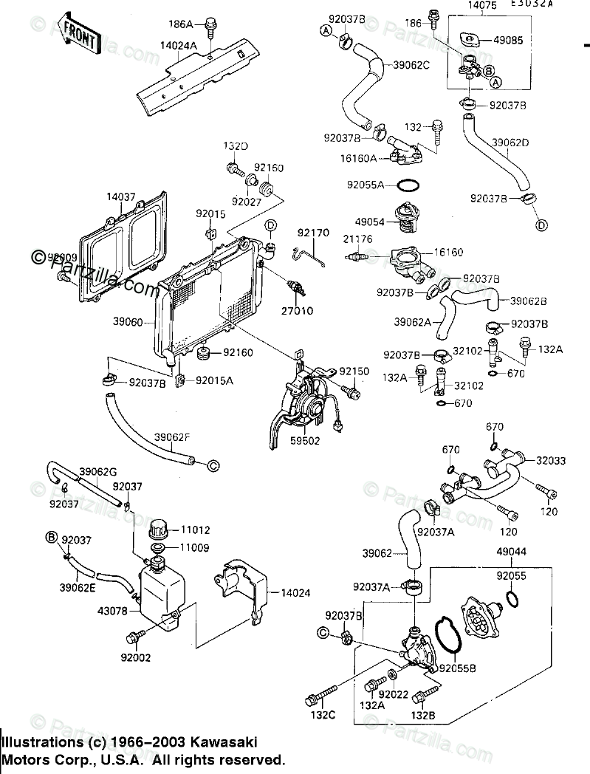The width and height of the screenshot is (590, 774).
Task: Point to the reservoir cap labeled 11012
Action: pos(159,530)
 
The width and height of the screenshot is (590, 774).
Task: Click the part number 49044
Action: pos(511,552)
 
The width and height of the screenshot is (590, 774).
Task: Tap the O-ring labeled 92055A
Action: pos(410,185)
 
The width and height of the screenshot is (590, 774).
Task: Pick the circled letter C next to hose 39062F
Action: pos(212,465)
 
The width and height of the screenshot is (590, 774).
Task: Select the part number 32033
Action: pos(551,461)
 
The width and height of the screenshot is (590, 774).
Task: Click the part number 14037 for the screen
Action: pos(120,197)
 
